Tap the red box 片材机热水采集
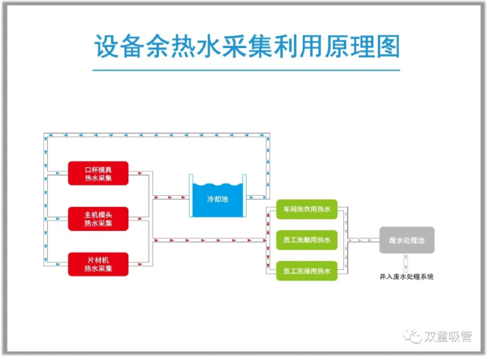98,264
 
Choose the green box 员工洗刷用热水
307,240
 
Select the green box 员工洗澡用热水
307,270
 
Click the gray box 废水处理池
406,240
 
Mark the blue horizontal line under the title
244,70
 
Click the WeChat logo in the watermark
413,337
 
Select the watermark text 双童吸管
448,337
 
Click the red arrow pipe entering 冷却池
169,198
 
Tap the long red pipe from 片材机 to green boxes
210,241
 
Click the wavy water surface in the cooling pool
217,185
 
